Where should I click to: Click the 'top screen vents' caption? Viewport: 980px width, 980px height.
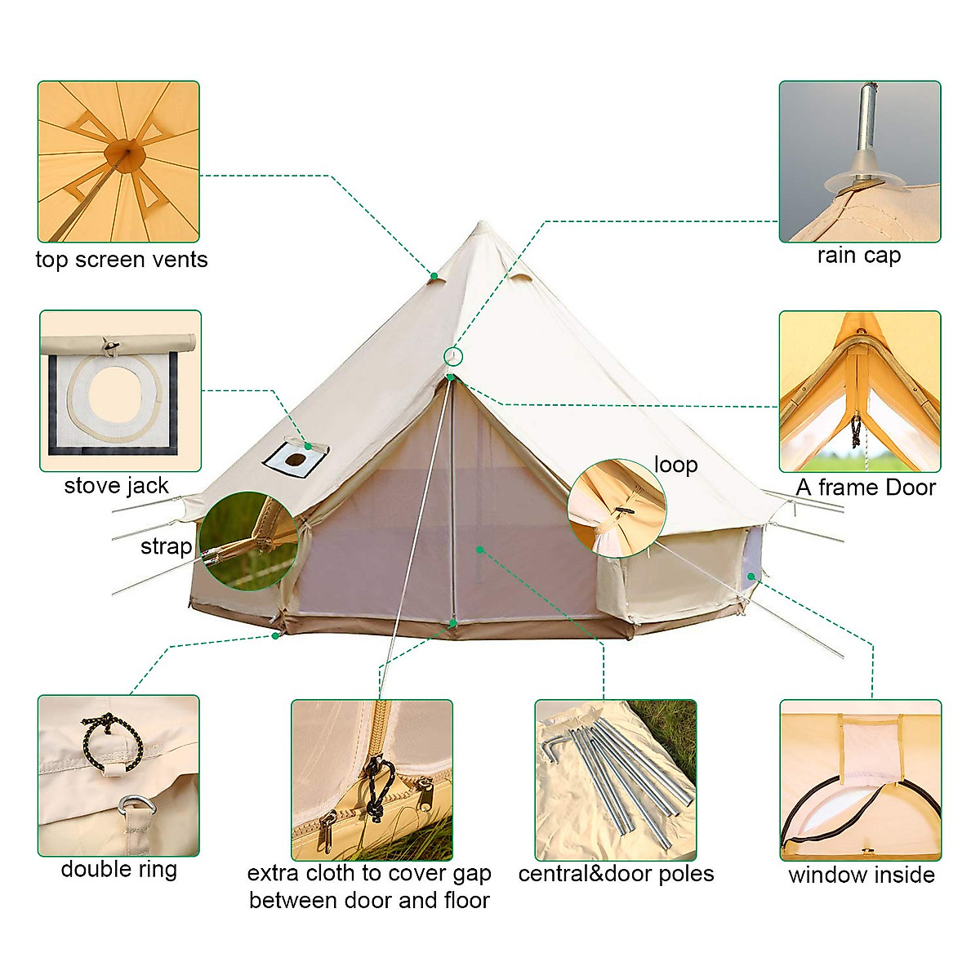click(122, 260)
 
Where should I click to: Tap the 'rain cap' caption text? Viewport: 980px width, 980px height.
click(858, 255)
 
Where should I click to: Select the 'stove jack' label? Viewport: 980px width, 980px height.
click(116, 486)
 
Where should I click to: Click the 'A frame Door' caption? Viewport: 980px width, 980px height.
click(866, 488)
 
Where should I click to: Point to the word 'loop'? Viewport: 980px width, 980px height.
click(675, 465)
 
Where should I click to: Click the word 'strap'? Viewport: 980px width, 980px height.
click(166, 546)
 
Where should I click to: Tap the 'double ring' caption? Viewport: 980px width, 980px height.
click(119, 869)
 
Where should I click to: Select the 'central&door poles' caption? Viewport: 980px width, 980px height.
click(616, 874)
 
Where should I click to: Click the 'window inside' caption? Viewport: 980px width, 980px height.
click(861, 875)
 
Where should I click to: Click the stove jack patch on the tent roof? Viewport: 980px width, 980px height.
click(292, 461)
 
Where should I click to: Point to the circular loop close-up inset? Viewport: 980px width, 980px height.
click(617, 508)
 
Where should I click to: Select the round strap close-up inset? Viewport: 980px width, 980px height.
click(248, 541)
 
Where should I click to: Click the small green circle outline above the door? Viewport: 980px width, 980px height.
click(453, 356)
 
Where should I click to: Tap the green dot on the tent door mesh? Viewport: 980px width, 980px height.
click(480, 550)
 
